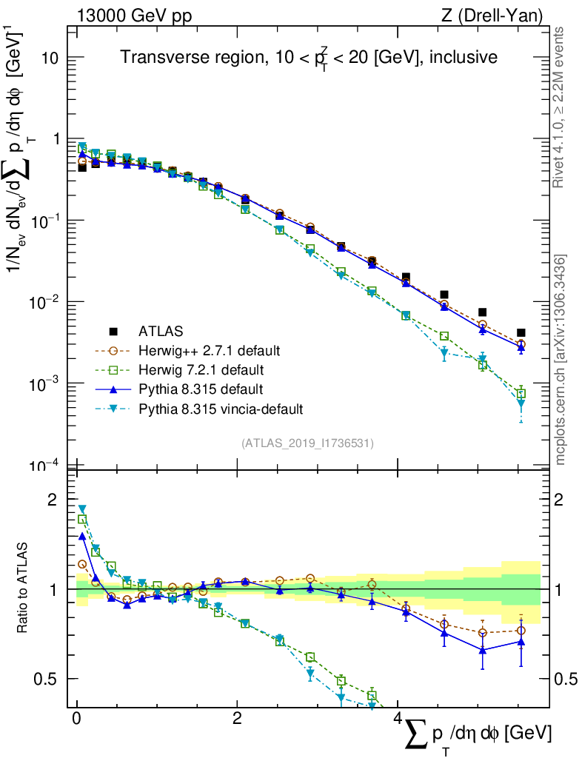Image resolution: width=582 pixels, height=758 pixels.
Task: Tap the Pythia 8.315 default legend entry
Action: (x=201, y=389)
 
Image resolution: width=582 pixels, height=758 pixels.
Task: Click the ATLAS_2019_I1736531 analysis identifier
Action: (x=307, y=443)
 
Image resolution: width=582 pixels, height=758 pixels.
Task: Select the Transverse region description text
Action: (x=309, y=57)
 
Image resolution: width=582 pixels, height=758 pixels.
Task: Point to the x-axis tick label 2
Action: (x=237, y=719)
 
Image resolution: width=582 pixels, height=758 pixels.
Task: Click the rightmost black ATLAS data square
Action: (x=521, y=333)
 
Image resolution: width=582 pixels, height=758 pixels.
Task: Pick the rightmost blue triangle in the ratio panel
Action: (x=521, y=642)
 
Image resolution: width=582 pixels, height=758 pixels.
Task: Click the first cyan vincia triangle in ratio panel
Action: (x=82, y=509)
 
